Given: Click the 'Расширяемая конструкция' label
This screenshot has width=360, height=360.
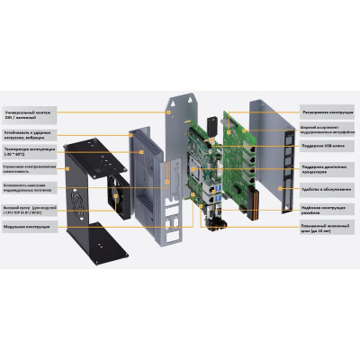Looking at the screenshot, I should tap(328, 112).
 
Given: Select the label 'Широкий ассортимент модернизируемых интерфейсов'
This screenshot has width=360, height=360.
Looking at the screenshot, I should tap(328, 129).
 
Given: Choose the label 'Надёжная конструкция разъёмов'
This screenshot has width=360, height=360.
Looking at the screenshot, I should tap(328, 207).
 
